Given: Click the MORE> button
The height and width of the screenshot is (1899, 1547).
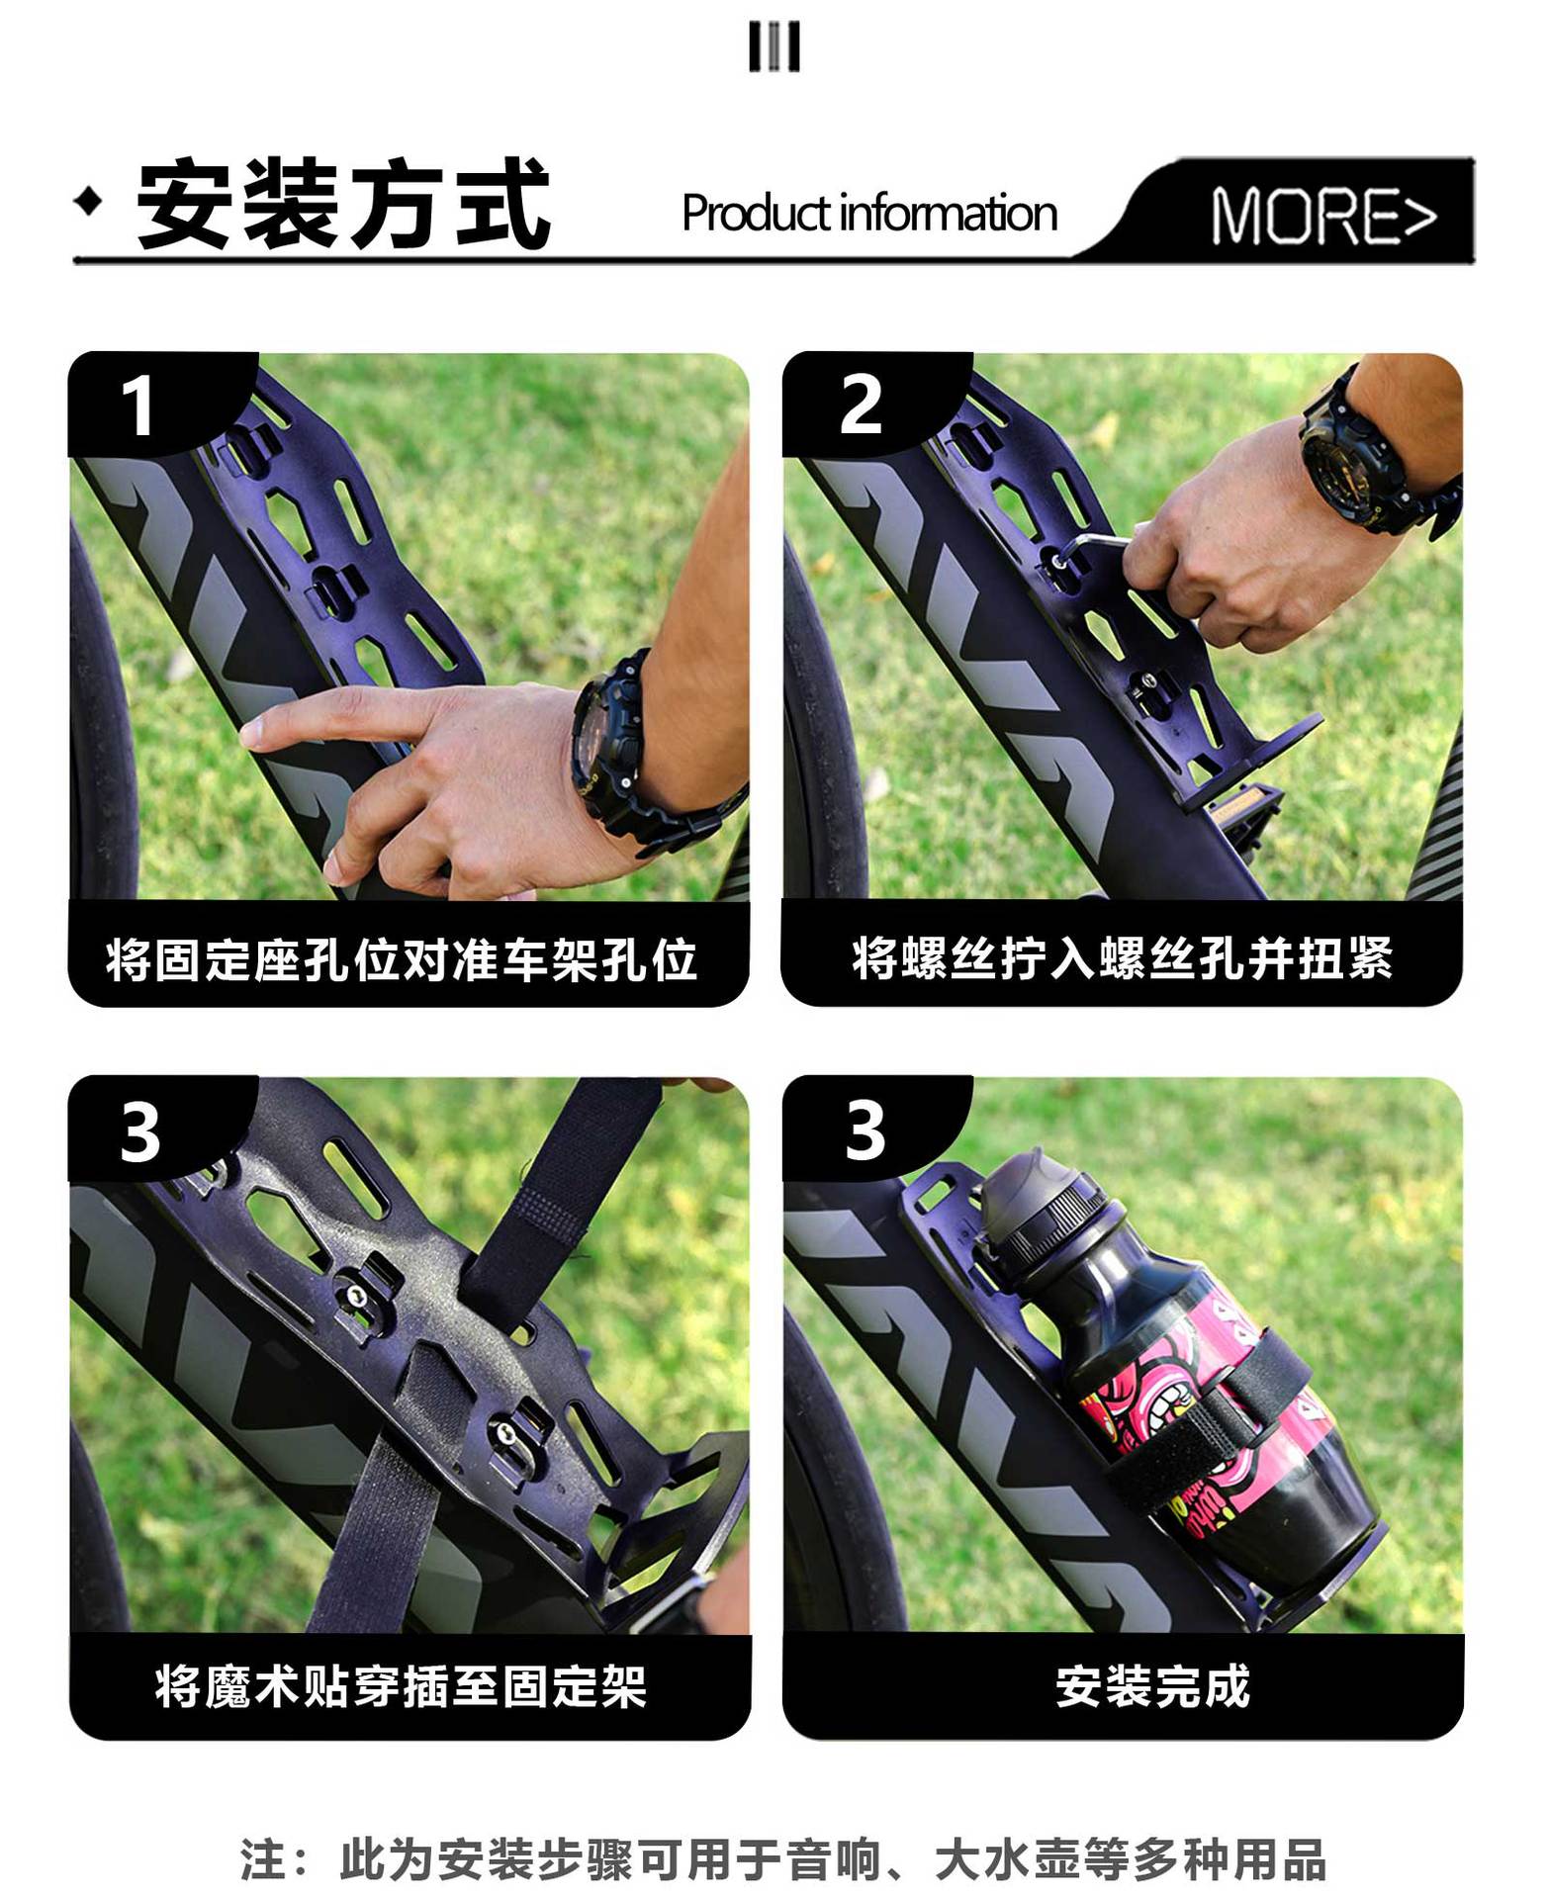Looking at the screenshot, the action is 1323,216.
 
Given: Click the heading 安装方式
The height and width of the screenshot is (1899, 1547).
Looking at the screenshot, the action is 343,205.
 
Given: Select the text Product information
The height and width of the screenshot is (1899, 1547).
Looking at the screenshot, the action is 869,213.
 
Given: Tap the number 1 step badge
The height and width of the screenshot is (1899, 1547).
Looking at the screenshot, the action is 138,406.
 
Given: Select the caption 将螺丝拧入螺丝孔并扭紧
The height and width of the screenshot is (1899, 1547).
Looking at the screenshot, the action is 1123,957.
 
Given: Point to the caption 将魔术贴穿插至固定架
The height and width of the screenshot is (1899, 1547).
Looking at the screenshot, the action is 402,1685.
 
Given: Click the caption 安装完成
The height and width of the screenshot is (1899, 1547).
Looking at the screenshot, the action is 1152,1685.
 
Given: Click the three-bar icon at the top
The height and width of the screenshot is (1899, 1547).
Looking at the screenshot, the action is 773,47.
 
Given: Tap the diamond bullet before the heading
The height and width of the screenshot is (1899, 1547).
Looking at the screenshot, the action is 89,202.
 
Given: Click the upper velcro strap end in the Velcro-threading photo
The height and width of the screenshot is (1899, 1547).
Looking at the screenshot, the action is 574,1187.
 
